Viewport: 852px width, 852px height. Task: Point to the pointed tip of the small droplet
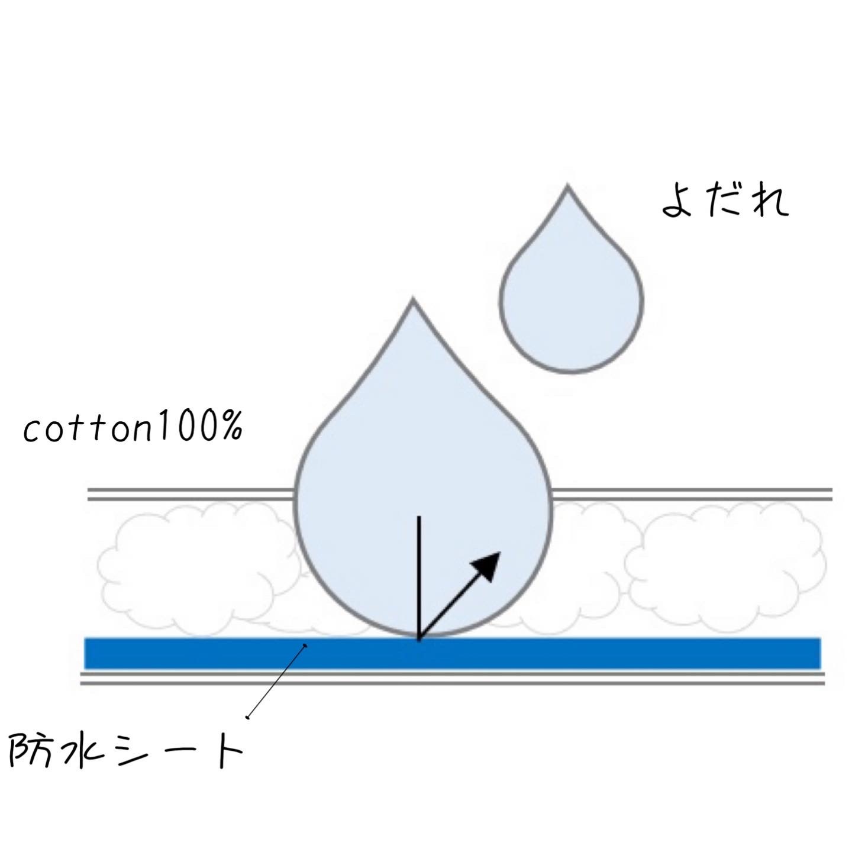(568, 185)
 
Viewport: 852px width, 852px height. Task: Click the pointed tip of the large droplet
(413, 299)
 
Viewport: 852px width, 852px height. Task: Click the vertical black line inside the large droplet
(419, 577)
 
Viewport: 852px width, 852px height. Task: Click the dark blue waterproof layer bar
(452, 653)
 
